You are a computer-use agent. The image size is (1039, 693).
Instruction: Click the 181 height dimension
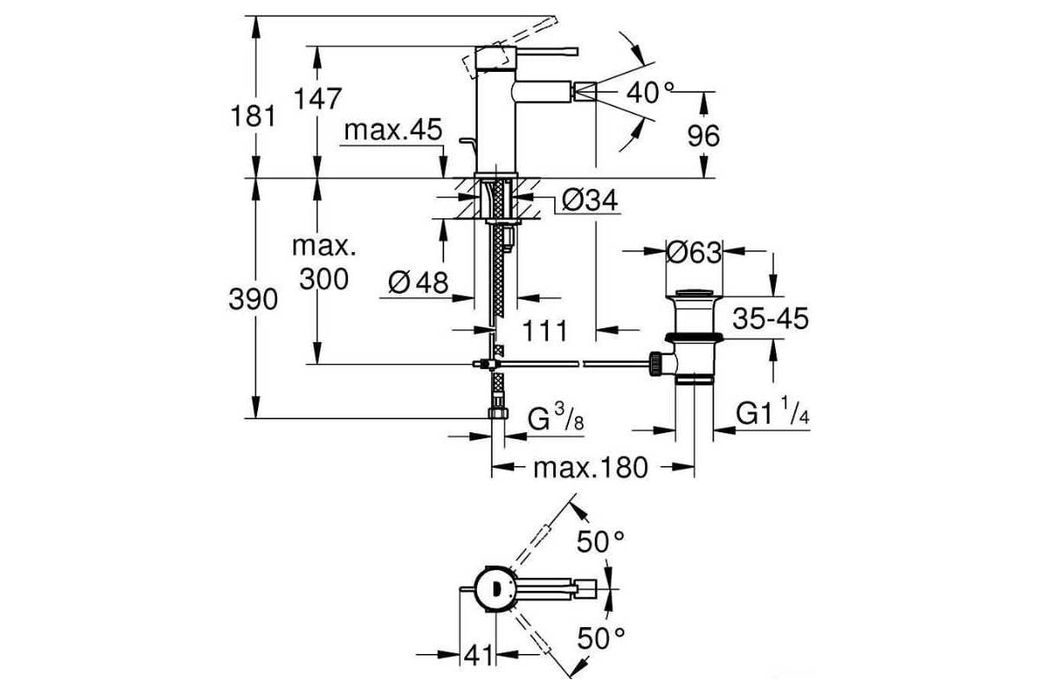253,116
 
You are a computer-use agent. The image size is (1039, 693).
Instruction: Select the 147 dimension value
319,99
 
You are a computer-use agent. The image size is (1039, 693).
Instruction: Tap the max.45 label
393,130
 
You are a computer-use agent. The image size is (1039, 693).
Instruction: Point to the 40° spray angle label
650,93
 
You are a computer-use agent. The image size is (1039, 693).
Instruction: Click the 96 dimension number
703,136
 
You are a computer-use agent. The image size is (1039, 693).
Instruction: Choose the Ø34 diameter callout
590,200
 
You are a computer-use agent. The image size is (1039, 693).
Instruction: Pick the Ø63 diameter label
694,253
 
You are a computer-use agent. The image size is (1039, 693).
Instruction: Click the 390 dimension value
253,300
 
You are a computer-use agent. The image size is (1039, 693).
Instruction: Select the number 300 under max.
324,280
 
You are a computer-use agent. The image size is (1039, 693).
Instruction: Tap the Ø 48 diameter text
418,282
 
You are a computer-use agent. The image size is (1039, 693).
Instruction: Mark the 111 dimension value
545,331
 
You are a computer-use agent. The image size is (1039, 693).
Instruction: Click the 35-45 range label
771,319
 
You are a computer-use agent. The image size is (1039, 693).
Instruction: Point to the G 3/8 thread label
556,418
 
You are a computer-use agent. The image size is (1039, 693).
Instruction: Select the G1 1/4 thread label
772,411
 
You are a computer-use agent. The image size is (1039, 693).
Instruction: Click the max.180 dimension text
590,468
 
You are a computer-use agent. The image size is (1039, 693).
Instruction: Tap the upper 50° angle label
600,541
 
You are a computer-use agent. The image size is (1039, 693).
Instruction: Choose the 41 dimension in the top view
478,657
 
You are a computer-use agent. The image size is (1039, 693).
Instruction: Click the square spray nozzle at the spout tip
585,90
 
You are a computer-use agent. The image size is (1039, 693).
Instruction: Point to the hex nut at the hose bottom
498,413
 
